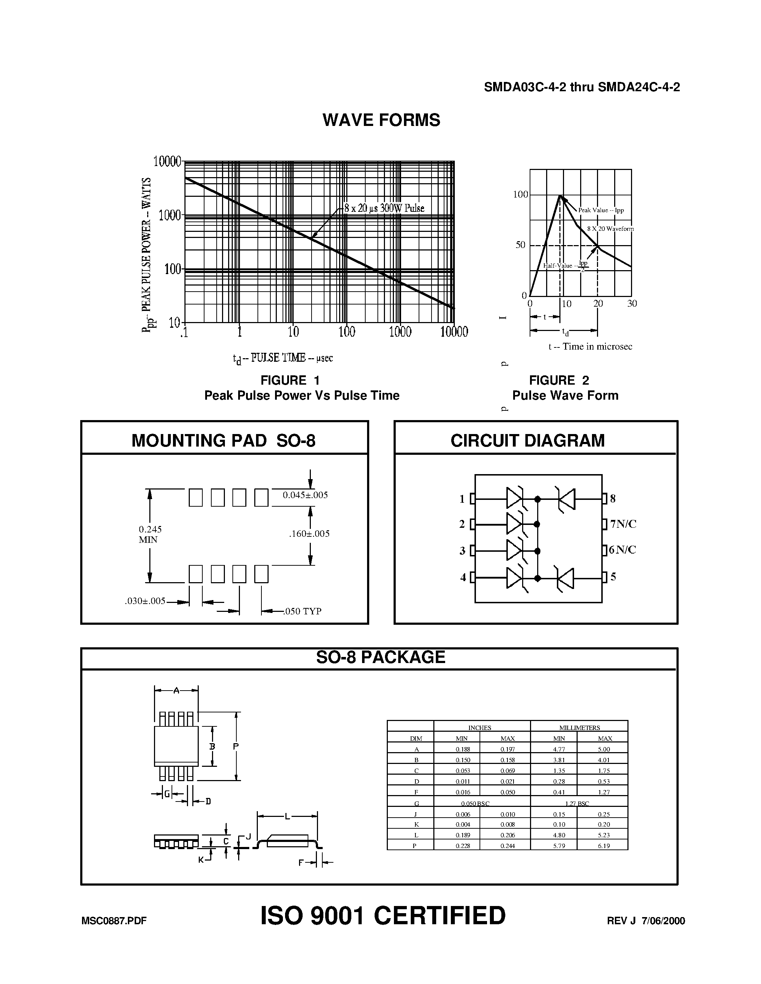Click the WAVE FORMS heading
tap(381, 120)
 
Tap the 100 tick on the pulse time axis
tap(347, 332)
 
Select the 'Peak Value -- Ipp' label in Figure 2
tap(601, 210)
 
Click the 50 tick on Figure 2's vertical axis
tap(520, 245)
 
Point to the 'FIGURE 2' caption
tap(559, 380)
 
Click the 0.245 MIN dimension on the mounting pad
tap(150, 534)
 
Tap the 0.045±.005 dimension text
tap(305, 495)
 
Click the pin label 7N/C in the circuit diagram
tap(623, 524)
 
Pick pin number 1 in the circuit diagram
tap(462, 499)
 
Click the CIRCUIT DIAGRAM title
tap(528, 440)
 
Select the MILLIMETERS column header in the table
tap(579, 728)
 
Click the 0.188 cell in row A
tap(463, 749)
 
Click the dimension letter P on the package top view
tap(235, 746)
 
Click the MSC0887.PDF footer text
tap(114, 921)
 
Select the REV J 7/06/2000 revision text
tap(646, 921)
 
